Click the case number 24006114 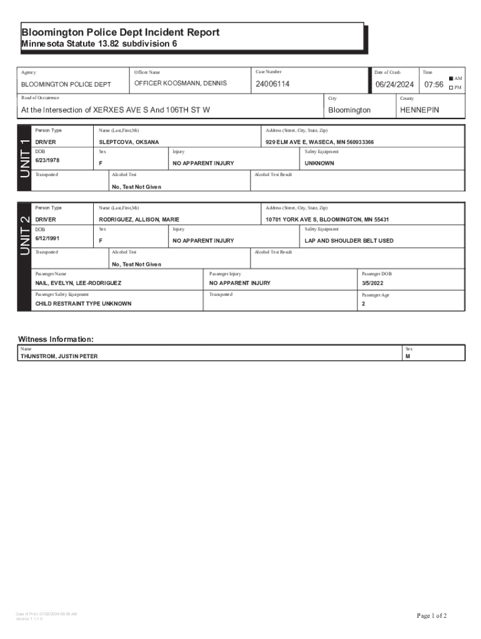(x=272, y=84)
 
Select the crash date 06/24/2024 (x=394, y=84)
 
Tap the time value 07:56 (x=434, y=84)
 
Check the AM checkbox (x=450, y=79)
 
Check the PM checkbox (x=450, y=87)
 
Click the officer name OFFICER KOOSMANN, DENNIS (x=181, y=84)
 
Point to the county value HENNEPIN (x=419, y=110)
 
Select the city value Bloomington (x=349, y=110)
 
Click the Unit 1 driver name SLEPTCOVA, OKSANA (x=129, y=142)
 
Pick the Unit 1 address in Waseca (x=319, y=142)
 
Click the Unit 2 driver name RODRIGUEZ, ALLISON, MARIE (x=139, y=220)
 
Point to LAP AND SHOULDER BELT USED (x=349, y=240)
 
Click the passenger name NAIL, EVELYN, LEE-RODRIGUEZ (x=78, y=283)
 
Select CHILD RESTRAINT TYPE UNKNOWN (x=83, y=304)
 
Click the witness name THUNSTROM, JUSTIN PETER (x=59, y=356)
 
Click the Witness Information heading (x=56, y=339)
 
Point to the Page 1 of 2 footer (x=432, y=616)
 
